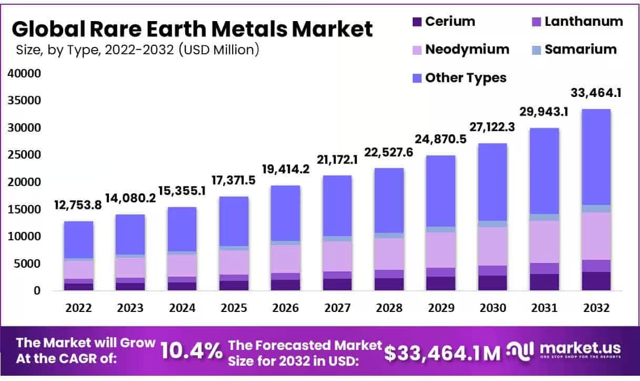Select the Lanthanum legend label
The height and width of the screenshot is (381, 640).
pyautogui.click(x=583, y=22)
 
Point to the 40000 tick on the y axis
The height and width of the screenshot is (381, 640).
pyautogui.click(x=24, y=73)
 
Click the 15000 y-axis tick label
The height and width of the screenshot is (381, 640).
pyautogui.click(x=24, y=209)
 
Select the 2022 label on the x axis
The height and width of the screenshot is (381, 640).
pyautogui.click(x=78, y=308)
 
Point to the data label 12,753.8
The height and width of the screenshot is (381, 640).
pyautogui.click(x=79, y=206)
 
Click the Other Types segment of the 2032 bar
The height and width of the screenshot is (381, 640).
pyautogui.click(x=596, y=157)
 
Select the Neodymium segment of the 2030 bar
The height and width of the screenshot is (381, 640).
pyautogui.click(x=493, y=246)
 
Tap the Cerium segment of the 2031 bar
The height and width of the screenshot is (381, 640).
pyautogui.click(x=544, y=282)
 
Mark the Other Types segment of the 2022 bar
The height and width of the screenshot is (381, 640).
pyautogui.click(x=78, y=240)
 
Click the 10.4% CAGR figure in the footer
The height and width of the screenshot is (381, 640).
pyautogui.click(x=191, y=351)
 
